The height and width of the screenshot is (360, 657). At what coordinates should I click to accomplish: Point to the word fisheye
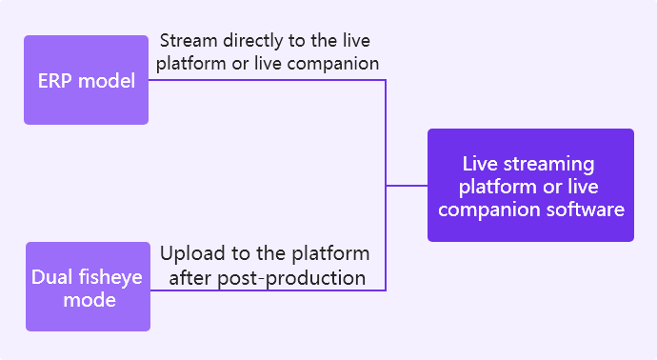[x=109, y=278]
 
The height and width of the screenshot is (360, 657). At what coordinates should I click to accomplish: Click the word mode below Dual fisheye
[x=90, y=300]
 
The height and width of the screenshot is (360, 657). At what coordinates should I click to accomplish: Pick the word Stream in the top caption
[x=189, y=41]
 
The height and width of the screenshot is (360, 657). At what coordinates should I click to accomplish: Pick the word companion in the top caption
[x=337, y=64]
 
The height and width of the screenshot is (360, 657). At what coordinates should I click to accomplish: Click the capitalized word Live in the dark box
[x=481, y=164]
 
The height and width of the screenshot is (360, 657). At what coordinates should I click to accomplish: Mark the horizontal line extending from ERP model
[x=267, y=80]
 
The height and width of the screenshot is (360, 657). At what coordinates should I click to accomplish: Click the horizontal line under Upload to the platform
[x=267, y=290]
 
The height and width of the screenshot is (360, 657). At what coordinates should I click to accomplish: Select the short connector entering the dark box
[x=407, y=185]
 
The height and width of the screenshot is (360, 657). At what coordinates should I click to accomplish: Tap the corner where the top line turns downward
[x=385, y=80]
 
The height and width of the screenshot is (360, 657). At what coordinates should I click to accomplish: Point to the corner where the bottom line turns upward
[x=385, y=290]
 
